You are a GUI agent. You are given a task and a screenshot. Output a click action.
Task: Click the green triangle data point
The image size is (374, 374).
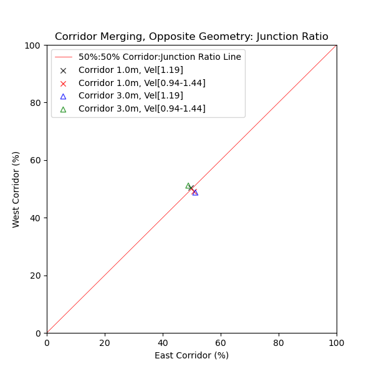click(188, 186)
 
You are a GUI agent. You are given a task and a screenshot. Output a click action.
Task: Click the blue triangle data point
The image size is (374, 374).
click(195, 193)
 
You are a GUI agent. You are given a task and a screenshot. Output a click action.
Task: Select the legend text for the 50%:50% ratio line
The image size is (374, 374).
click(160, 57)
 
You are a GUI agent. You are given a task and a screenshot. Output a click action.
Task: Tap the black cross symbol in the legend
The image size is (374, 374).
click(63, 70)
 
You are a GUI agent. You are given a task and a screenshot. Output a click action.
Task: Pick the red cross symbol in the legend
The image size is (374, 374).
click(63, 83)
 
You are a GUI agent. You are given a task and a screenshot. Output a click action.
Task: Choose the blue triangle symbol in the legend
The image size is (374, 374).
click(63, 96)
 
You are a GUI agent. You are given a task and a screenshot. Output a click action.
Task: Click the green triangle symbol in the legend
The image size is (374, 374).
click(63, 109)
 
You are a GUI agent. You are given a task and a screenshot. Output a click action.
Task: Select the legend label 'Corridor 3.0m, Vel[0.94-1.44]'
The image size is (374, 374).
click(141, 109)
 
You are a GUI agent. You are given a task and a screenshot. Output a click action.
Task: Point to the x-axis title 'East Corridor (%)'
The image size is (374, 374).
click(191, 355)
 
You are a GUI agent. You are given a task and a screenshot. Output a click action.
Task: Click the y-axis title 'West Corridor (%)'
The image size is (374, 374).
click(16, 189)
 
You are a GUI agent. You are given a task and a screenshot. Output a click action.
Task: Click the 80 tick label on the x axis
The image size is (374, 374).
click(279, 342)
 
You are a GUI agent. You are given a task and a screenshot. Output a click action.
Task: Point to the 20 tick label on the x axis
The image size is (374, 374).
click(105, 342)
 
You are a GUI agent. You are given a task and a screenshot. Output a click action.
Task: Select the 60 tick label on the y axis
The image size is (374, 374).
click(36, 160)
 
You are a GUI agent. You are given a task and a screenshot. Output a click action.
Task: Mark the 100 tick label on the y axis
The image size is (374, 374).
click(34, 46)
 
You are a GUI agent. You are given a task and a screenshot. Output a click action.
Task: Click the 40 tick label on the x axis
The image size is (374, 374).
click(163, 342)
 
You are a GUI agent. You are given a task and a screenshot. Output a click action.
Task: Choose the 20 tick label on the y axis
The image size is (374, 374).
click(36, 276)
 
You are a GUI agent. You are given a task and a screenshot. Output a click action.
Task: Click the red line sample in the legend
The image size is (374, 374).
click(63, 57)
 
